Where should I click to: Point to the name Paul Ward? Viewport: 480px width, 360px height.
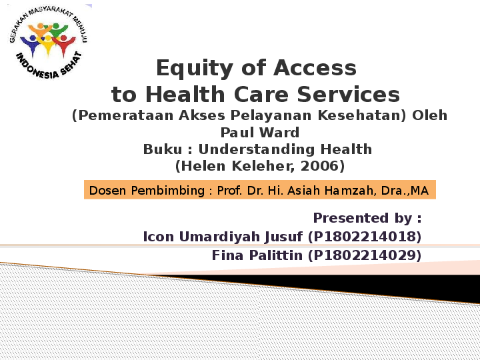click(x=259, y=132)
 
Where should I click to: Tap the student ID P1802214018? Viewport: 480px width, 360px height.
click(x=365, y=237)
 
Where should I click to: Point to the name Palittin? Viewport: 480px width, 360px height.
click(x=276, y=255)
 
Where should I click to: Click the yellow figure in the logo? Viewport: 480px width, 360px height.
click(x=47, y=44)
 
